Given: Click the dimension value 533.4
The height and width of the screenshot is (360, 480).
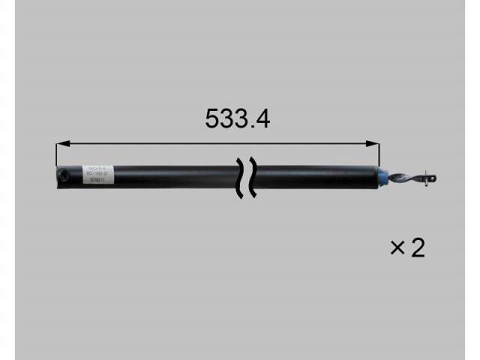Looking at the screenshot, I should coord(237,118).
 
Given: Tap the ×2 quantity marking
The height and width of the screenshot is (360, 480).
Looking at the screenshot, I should coord(407,247).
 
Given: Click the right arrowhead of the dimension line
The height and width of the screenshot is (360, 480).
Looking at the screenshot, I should coord(375,144).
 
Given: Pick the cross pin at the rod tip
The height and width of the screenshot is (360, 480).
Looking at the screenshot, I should coord(429,178).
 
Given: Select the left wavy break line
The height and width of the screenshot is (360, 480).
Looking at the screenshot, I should coord(241,178).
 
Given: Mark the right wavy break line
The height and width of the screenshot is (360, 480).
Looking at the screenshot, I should coord(253,178).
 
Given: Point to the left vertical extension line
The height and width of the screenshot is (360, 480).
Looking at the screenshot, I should coord(56,154).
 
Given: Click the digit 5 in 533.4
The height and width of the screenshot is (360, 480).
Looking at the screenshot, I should coord(212,118).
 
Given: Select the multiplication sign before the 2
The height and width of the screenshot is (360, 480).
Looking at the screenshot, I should coord(397,248).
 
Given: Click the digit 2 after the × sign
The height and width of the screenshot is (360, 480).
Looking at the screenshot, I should coord(417,247).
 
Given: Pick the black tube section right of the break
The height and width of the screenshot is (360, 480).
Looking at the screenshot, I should coord(315,177).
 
